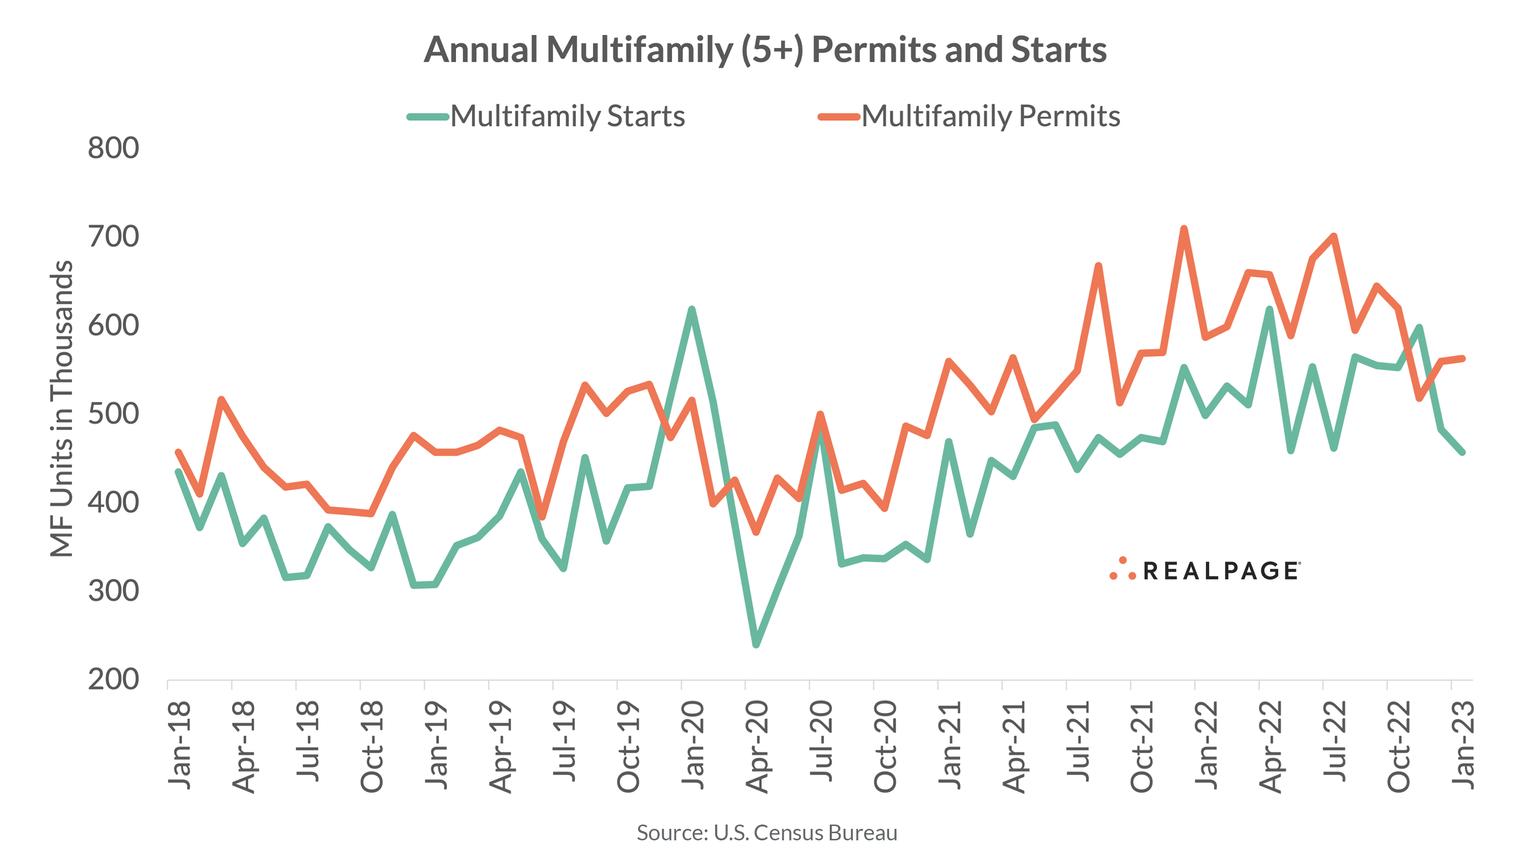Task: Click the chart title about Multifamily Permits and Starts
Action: point(765,49)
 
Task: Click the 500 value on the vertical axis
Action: point(113,413)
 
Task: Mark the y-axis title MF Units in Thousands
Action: point(61,409)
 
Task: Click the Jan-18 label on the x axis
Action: point(179,745)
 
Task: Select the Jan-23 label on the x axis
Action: point(1463,745)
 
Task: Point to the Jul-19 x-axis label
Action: point(564,742)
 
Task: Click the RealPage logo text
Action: point(1221,571)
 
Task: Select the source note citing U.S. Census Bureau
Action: point(767,833)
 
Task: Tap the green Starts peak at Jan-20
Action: point(691,309)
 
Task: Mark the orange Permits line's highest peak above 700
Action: point(1184,229)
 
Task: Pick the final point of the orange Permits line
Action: point(1463,358)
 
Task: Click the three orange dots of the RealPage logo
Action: point(1122,569)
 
